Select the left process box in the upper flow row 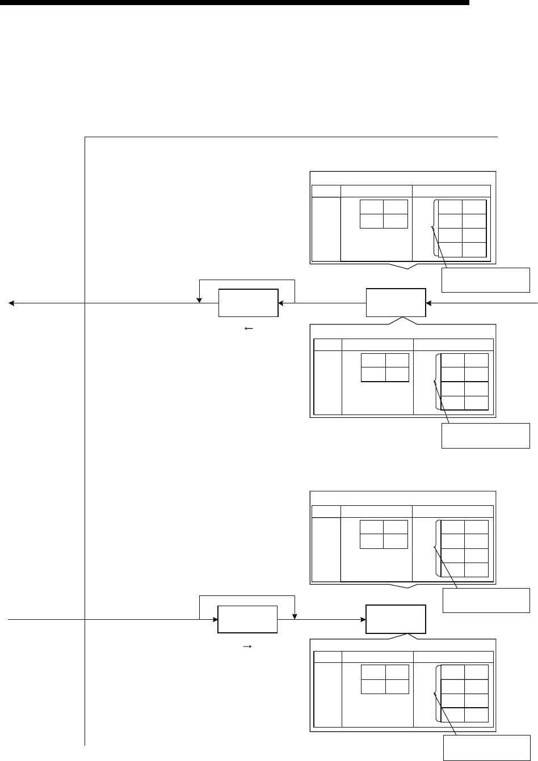[x=249, y=303]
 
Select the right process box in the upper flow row [x=396, y=303]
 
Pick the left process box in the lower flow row [x=247, y=619]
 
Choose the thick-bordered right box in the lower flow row [x=396, y=619]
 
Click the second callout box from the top [x=486, y=435]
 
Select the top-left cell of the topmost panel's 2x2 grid [x=372, y=207]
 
